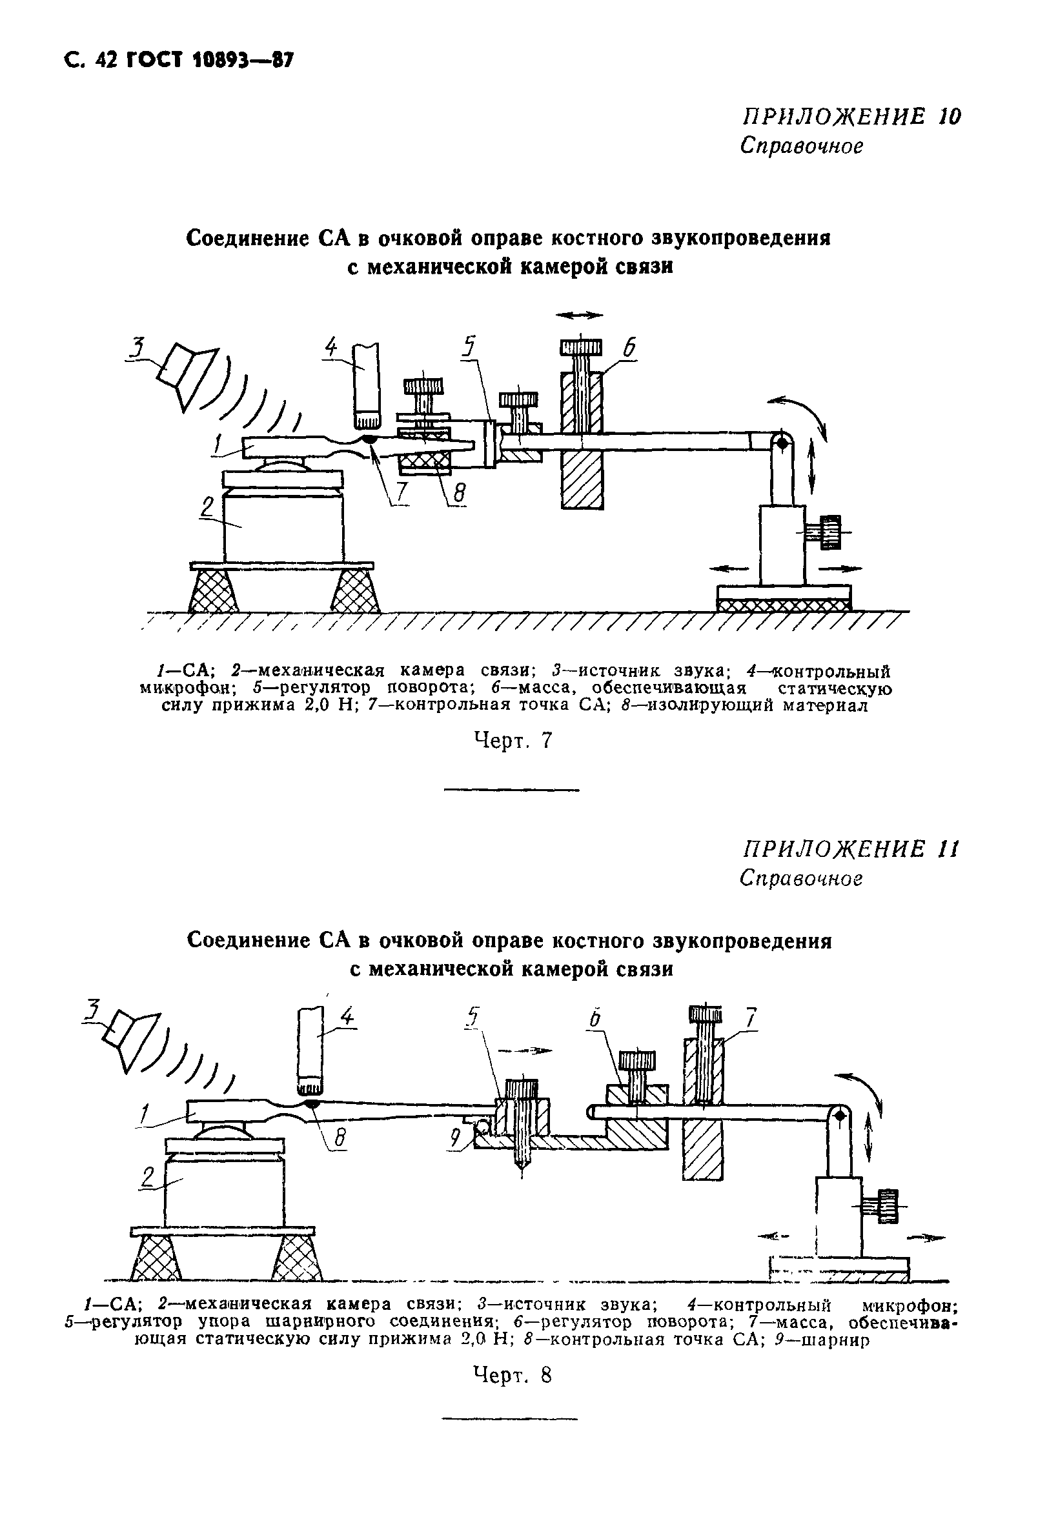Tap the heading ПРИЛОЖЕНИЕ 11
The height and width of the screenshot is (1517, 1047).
point(851,850)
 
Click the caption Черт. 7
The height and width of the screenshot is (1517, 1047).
point(513,741)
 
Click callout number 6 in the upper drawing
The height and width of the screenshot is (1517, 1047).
point(629,348)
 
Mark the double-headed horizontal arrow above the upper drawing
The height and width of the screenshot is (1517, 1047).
point(578,316)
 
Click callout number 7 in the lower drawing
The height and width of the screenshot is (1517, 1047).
point(751,1018)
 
